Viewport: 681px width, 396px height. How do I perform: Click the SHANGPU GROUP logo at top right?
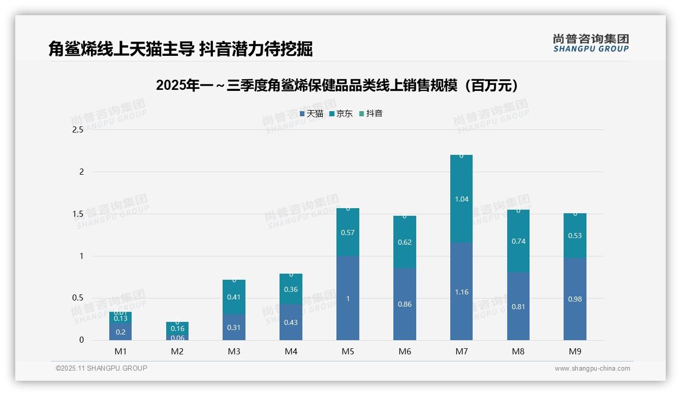591,43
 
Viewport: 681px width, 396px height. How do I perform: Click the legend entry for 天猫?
312,114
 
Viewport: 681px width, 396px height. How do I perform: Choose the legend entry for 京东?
341,114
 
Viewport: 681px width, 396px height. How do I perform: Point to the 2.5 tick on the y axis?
78,130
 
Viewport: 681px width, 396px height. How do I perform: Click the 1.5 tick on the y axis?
78,214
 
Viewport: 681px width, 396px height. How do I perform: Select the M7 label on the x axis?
461,351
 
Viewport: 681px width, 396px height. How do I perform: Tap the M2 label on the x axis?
177,351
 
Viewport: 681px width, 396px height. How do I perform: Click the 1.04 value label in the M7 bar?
461,199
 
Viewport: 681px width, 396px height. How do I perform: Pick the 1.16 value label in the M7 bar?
461,292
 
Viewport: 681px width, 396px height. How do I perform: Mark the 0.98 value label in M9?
575,299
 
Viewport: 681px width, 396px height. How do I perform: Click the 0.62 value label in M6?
405,242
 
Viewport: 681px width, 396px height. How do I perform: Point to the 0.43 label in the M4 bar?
291,322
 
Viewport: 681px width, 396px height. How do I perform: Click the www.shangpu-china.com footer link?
592,369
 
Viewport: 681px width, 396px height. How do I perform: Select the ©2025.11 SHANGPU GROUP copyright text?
102,368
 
